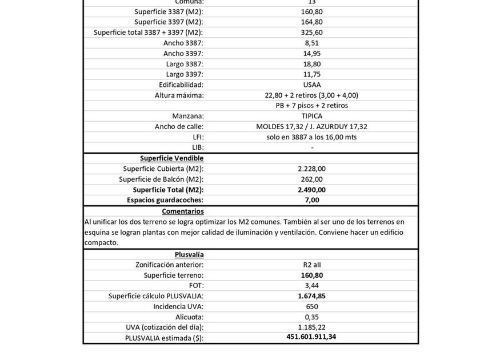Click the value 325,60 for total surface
(312, 33)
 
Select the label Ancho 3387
(183, 43)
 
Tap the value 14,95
(312, 53)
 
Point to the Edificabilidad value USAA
(312, 85)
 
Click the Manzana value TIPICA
(312, 116)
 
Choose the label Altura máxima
(179, 95)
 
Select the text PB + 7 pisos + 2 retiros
(312, 105)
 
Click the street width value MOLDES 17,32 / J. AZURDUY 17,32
(312, 126)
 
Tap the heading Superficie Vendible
(172, 158)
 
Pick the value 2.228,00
(312, 169)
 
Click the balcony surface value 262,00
(312, 179)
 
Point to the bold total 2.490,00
(312, 190)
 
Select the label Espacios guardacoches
(165, 200)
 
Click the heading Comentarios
(183, 211)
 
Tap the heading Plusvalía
(189, 254)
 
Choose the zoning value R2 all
(312, 265)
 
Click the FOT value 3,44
(312, 285)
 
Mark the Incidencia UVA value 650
(312, 306)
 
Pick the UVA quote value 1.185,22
(312, 327)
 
